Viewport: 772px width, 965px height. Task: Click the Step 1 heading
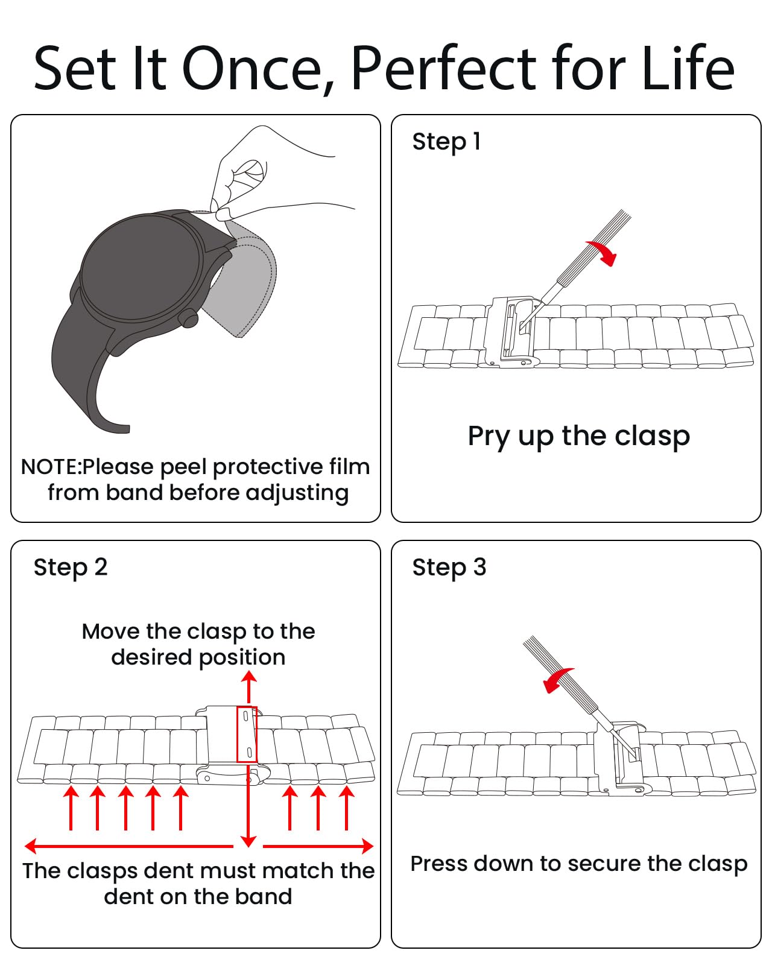coord(446,142)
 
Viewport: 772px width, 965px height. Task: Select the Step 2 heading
coord(71,568)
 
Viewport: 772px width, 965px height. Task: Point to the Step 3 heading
coord(449,568)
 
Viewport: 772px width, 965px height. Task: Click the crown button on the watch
coord(189,318)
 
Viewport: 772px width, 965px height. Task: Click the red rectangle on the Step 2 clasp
coord(247,734)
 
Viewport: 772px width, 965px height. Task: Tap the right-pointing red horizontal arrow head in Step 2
coord(367,846)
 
